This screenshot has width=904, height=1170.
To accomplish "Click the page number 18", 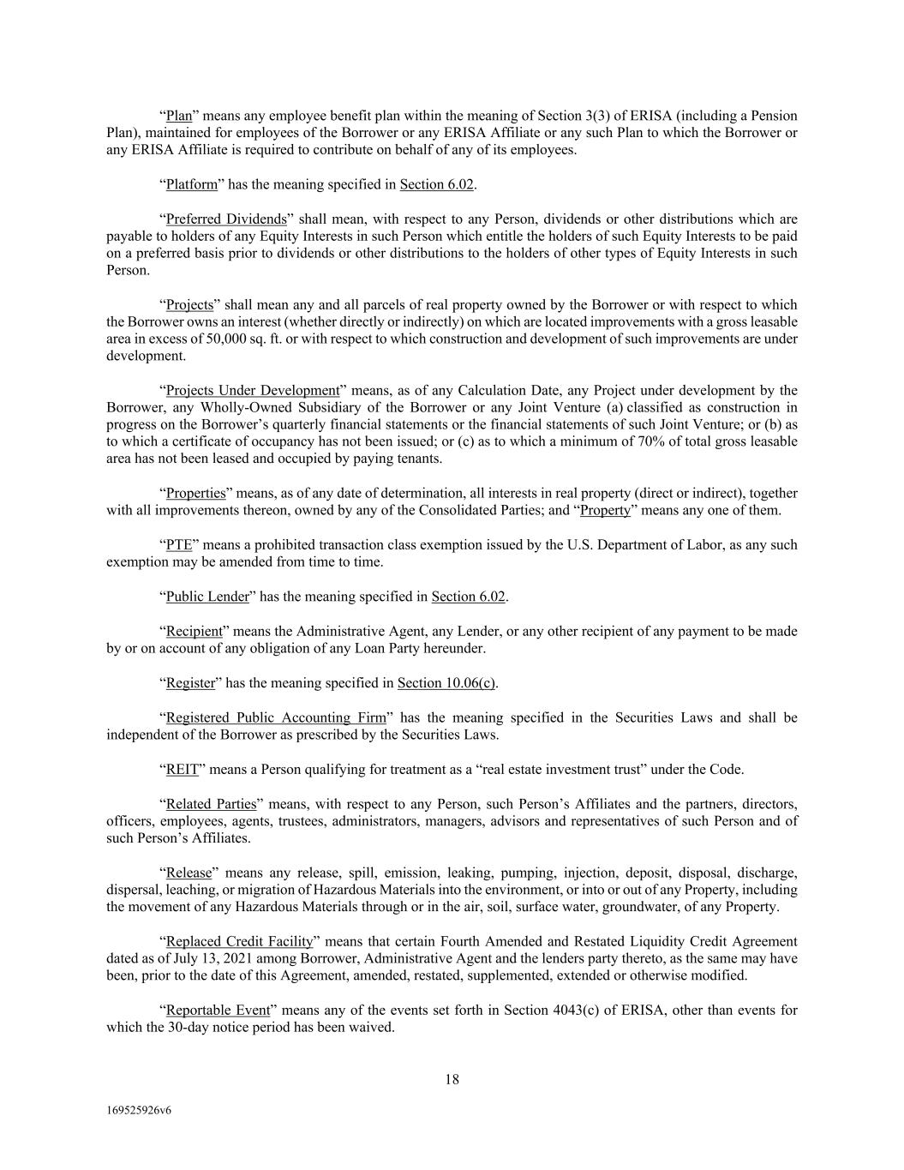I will point(452,1079).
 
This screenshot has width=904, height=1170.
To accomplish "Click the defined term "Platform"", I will point(192,184).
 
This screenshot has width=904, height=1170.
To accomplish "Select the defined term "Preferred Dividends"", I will point(225,219).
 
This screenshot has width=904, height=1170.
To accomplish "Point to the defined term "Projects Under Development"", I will point(253,390).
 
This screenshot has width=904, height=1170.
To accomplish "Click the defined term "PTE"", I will point(178,544).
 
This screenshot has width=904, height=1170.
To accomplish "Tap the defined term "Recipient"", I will point(194,631).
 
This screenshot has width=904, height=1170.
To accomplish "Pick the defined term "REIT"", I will point(182,769).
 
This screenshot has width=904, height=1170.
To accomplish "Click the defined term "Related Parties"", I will point(211,803).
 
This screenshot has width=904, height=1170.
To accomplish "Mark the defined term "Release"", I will point(188,873).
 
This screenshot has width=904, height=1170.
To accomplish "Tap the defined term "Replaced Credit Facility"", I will point(239,941).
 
